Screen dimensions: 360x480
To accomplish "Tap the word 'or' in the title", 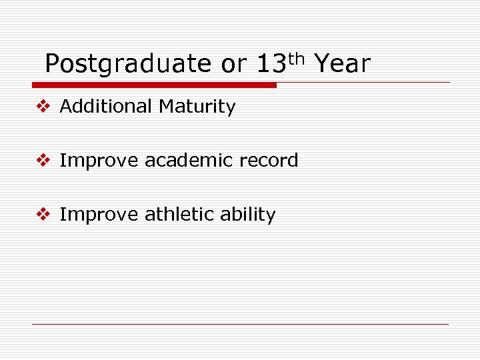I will point(233,65).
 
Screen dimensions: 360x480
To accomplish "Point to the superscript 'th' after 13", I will point(297,59).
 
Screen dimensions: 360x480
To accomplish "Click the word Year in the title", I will point(341,65).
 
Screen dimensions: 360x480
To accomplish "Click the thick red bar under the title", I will point(154,85).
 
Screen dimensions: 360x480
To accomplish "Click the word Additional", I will point(106,107).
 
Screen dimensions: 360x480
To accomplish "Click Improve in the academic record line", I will point(99,161).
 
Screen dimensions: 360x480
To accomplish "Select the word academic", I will point(191,161).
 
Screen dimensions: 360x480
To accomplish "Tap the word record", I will point(270,161).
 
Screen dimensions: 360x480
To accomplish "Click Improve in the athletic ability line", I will point(99,215).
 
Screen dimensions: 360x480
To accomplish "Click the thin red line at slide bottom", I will point(240,325).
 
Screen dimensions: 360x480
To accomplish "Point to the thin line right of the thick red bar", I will point(363,83).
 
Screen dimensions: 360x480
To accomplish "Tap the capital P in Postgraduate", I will point(52,65).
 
